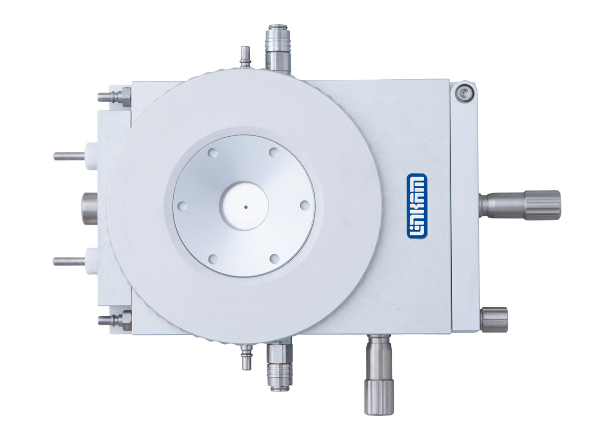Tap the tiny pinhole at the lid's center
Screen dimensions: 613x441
click(246, 207)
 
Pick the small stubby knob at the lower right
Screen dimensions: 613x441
click(494, 320)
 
